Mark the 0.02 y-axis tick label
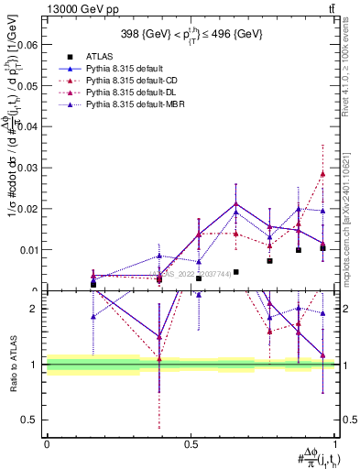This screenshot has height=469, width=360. [x=27, y=208]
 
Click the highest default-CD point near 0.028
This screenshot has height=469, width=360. [x=322, y=173]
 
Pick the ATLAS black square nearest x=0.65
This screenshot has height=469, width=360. [x=235, y=272]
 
